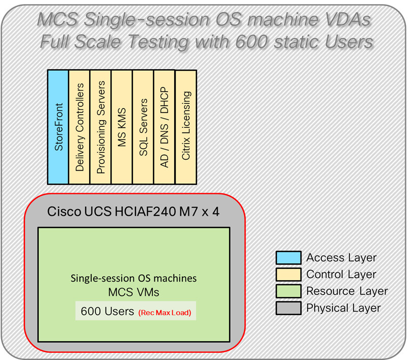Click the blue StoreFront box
click(x=58, y=127)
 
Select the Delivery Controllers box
click(x=79, y=127)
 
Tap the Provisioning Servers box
click(x=100, y=127)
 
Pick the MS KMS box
click(x=122, y=127)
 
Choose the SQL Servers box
click(x=143, y=127)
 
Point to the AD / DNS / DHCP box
click(x=164, y=127)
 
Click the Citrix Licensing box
click(x=185, y=127)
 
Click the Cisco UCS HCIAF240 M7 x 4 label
click(x=133, y=211)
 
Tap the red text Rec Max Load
click(x=164, y=313)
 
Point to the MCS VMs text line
click(x=133, y=293)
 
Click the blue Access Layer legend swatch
click(x=288, y=258)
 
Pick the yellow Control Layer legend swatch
click(x=288, y=275)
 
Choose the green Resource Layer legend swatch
click(x=288, y=291)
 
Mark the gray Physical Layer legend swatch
click(x=288, y=308)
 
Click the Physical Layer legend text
click(x=343, y=308)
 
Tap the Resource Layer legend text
click(x=347, y=291)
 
